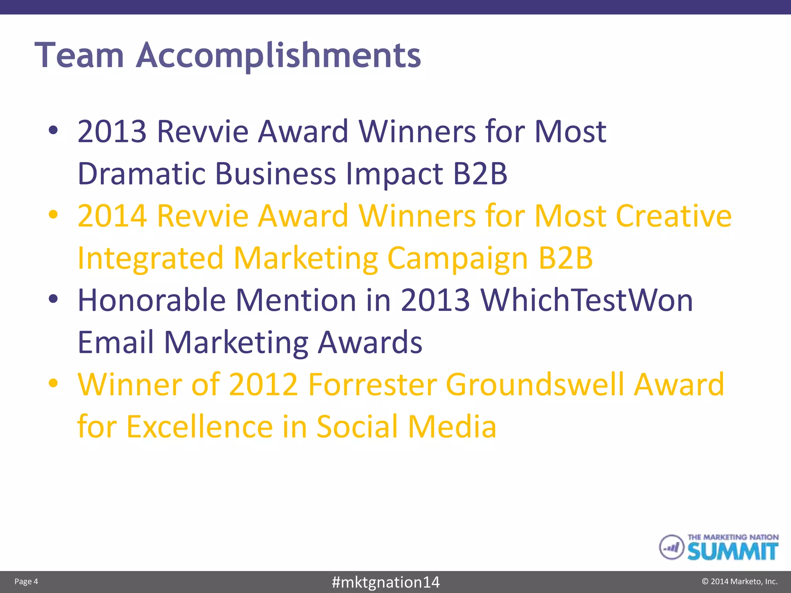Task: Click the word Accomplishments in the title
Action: (x=278, y=56)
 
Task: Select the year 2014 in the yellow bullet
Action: (x=112, y=216)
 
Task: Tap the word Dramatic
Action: (x=141, y=174)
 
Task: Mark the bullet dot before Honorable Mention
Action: (x=53, y=299)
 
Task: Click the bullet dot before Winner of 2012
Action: (x=53, y=383)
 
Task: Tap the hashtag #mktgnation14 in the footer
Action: (x=385, y=582)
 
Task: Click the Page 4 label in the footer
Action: (x=26, y=581)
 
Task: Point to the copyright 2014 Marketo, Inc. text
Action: (x=739, y=581)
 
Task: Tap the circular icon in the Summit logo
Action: (x=671, y=547)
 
